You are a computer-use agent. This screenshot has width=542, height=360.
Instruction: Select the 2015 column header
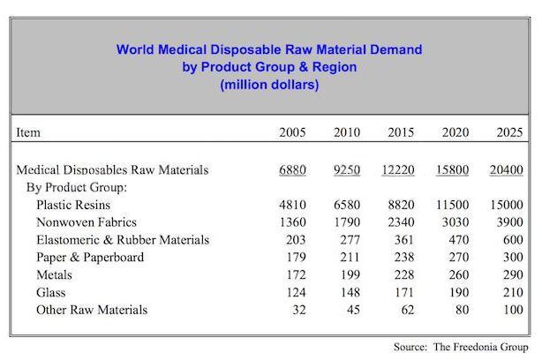pyautogui.click(x=402, y=133)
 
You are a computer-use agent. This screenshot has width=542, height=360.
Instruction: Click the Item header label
pyautogui.click(x=29, y=133)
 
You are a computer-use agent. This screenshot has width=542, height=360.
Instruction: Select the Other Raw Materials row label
pyautogui.click(x=92, y=310)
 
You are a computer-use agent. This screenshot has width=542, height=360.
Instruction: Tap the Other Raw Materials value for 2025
pyautogui.click(x=512, y=310)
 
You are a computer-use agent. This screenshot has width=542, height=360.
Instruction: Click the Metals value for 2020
pyautogui.click(x=458, y=274)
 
